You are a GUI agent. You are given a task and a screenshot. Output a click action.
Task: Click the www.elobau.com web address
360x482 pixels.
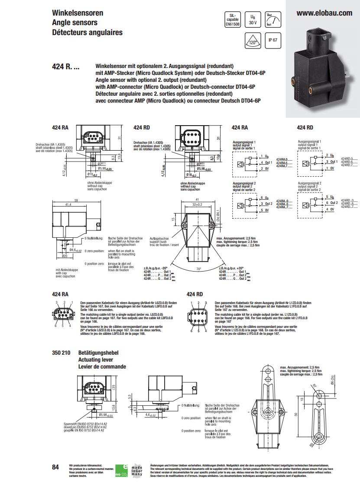pyautogui.click(x=324, y=13)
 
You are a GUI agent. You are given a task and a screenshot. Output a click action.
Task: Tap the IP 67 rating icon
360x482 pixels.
pyautogui.click(x=272, y=40)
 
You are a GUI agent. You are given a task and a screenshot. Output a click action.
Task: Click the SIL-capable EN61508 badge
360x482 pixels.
pyautogui.click(x=232, y=19)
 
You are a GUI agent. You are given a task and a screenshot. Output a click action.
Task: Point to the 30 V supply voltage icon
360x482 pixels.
pyautogui.click(x=252, y=20)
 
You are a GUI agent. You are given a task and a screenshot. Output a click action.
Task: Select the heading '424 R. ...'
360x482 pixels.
pyautogui.click(x=65, y=67)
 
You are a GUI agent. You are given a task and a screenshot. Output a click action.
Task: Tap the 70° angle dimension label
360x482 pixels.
pyautogui.click(x=198, y=269)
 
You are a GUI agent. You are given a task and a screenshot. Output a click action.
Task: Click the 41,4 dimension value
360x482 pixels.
pyautogui.click(x=68, y=204)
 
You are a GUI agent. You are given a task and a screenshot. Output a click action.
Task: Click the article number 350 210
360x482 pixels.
pyautogui.click(x=61, y=353)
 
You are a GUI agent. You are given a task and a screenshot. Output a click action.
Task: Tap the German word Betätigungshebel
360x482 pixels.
pyautogui.click(x=98, y=353)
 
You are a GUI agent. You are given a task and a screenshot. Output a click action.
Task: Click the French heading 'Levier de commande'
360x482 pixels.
pyautogui.click(x=102, y=366)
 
